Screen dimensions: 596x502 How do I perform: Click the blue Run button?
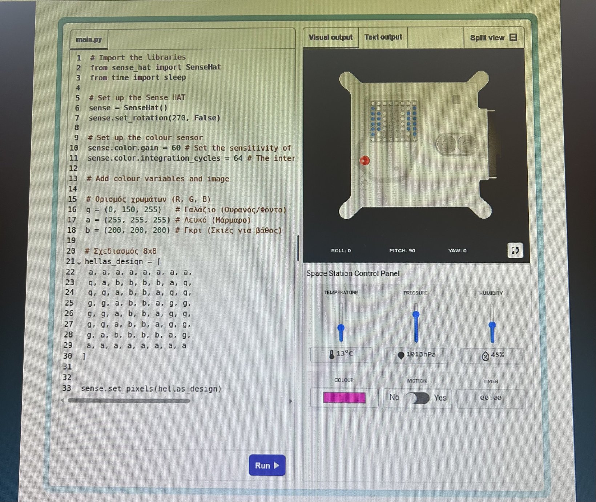[267, 465]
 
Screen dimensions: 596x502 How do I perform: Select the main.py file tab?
[89, 40]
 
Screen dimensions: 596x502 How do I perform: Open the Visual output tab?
[330, 37]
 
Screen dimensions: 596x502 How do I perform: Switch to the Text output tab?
[383, 37]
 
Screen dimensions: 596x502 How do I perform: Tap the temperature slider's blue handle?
[341, 328]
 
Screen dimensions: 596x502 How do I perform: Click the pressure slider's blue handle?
[416, 314]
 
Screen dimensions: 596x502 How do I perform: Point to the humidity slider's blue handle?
[492, 325]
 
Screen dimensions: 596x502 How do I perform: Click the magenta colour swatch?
[344, 398]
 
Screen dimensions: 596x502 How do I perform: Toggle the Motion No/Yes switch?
[418, 398]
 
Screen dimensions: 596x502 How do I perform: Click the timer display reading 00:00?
[491, 398]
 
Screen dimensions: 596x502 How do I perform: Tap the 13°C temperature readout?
[341, 354]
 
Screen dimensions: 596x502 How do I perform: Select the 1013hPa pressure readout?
[416, 355]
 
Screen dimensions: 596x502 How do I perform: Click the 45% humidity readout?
[492, 355]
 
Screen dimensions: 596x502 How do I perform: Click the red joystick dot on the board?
[365, 160]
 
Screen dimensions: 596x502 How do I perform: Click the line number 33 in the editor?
[67, 388]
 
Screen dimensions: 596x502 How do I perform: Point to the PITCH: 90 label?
[402, 250]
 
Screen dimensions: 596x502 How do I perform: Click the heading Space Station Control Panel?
[353, 273]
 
